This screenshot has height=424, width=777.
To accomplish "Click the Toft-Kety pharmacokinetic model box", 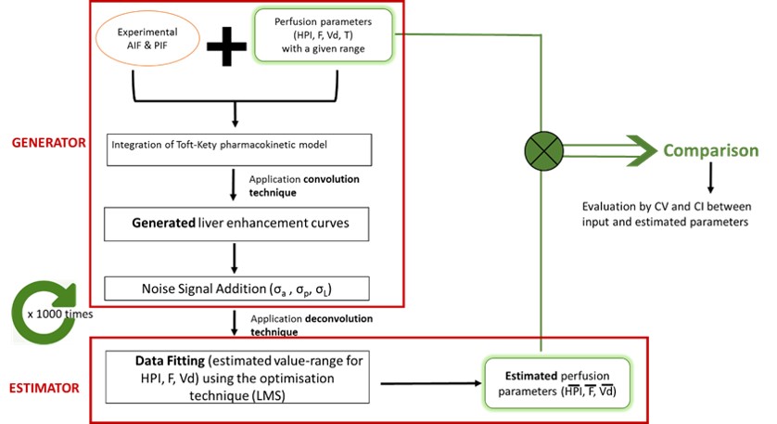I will (239, 148).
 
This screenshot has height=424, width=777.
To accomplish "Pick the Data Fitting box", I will (239, 376).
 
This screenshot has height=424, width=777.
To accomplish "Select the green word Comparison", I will (710, 151).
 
